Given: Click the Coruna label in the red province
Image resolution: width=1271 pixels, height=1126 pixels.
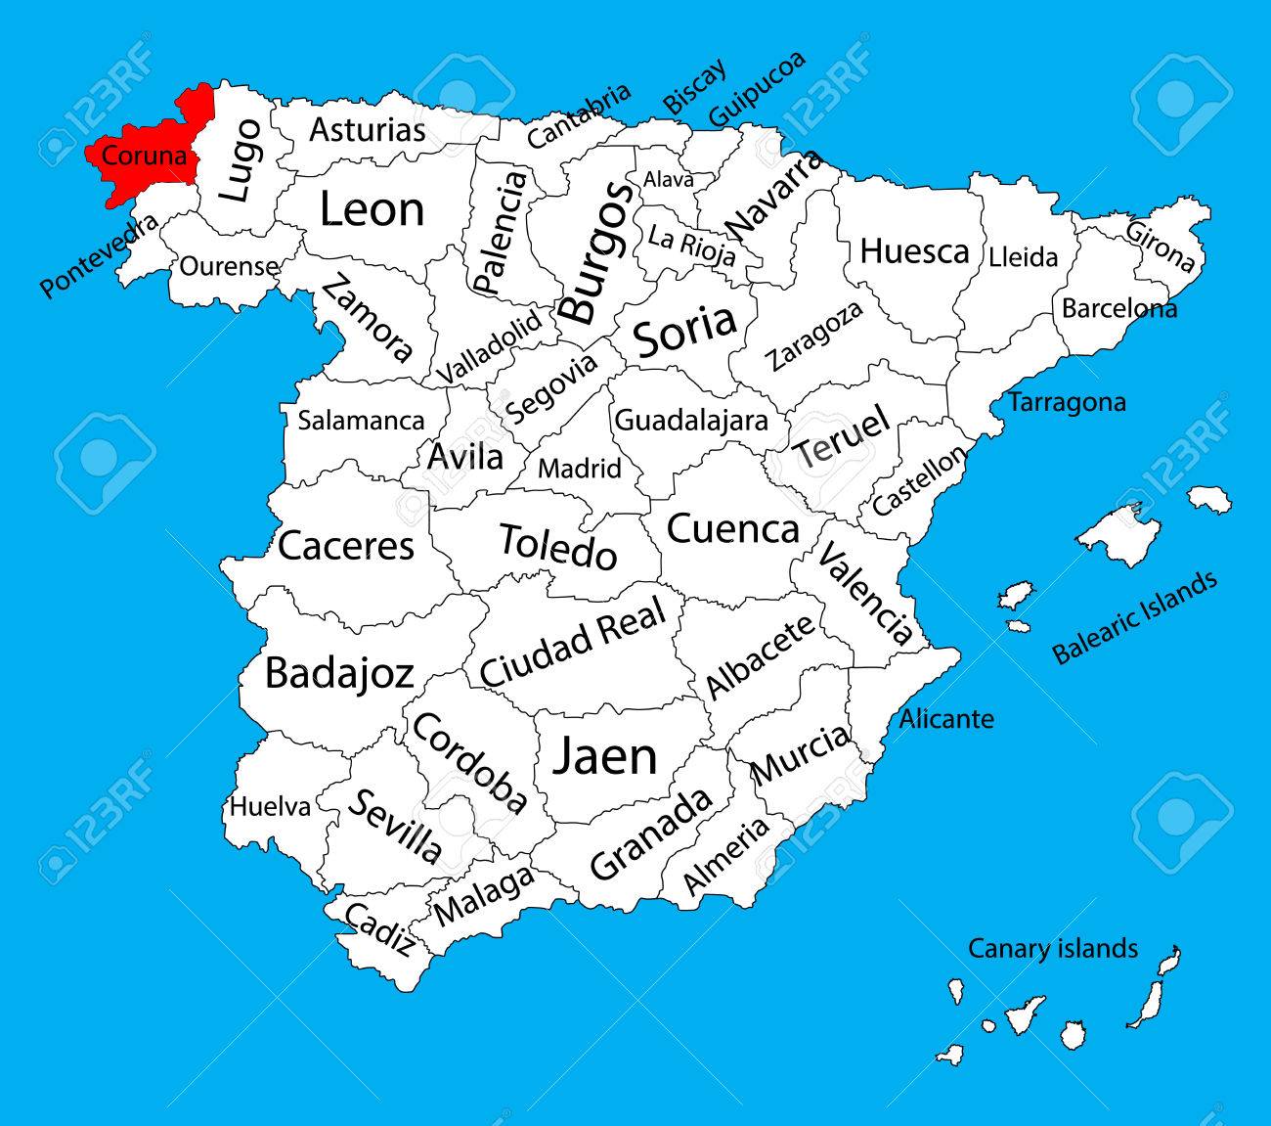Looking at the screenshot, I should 144,156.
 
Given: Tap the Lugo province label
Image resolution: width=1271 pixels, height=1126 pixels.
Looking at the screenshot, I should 240,160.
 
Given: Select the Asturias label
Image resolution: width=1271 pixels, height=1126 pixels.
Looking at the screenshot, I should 368,130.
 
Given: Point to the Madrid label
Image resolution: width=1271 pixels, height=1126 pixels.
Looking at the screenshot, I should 580,469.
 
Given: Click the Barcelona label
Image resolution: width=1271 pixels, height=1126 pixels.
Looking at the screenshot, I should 1119,309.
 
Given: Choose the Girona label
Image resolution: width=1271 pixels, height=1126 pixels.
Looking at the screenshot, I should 1160,248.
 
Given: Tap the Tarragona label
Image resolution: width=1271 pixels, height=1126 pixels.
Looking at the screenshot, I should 1067,402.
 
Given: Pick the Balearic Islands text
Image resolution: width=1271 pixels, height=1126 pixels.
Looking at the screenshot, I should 1135,617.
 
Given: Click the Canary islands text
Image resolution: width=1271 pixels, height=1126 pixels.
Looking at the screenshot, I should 1053,948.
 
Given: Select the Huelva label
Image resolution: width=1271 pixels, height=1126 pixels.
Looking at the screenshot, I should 270,807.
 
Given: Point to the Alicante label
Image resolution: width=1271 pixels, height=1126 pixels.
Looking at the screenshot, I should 946,719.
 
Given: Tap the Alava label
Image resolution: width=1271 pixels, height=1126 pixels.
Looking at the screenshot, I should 668,180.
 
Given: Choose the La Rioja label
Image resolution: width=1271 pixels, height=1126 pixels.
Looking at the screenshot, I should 692,246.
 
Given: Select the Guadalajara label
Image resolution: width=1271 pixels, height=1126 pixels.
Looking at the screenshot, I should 690,421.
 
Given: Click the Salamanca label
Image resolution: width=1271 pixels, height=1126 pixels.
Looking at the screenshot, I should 361,421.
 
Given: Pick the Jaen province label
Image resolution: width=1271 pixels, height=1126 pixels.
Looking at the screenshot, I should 605,756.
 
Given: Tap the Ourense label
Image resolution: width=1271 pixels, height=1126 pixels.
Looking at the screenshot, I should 229,266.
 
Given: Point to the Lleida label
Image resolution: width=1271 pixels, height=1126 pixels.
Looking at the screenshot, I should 1023,257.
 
